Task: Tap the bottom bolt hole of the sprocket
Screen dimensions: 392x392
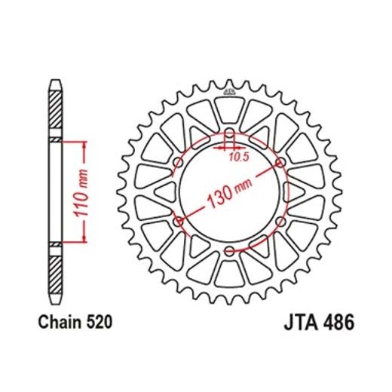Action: coord(230,251)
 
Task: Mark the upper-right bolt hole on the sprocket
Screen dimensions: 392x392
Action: coord(280,163)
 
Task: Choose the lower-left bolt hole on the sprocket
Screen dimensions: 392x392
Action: coord(179,222)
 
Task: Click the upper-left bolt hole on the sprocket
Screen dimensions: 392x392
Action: coord(179,163)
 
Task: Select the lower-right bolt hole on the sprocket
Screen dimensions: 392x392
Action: coord(280,222)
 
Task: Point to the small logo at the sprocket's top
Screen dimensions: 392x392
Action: coord(230,92)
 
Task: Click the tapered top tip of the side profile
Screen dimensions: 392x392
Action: coord(56,81)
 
